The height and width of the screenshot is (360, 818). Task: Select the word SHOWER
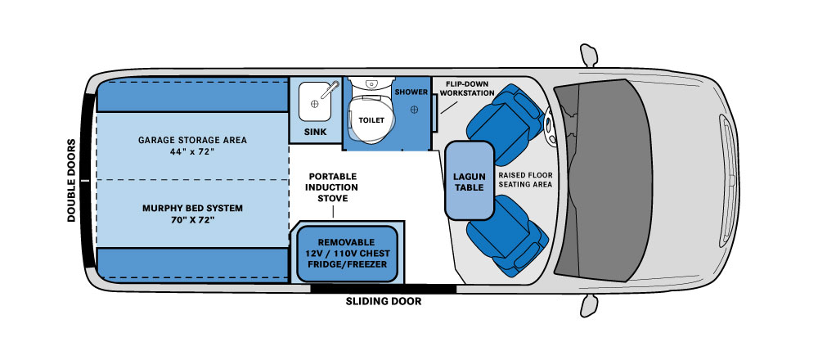coord(411,92)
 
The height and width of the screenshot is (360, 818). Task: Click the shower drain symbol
coord(415,109)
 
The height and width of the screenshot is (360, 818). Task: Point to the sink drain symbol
coord(313,105)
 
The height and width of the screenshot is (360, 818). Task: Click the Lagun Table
coord(470,181)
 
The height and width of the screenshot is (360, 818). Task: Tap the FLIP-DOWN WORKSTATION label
coord(467,88)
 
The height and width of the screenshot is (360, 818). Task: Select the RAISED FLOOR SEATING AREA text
coord(526,179)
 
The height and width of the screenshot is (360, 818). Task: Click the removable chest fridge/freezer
coord(348,253)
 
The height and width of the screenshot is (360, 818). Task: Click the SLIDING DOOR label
coord(384,302)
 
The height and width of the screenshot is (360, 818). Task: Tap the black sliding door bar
coord(384,287)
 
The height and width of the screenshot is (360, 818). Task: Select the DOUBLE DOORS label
coord(72,181)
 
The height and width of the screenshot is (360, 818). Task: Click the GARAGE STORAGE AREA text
coord(192,139)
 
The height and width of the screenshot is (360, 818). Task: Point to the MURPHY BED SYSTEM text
coord(192,208)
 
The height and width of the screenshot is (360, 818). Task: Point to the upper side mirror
coord(587,50)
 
